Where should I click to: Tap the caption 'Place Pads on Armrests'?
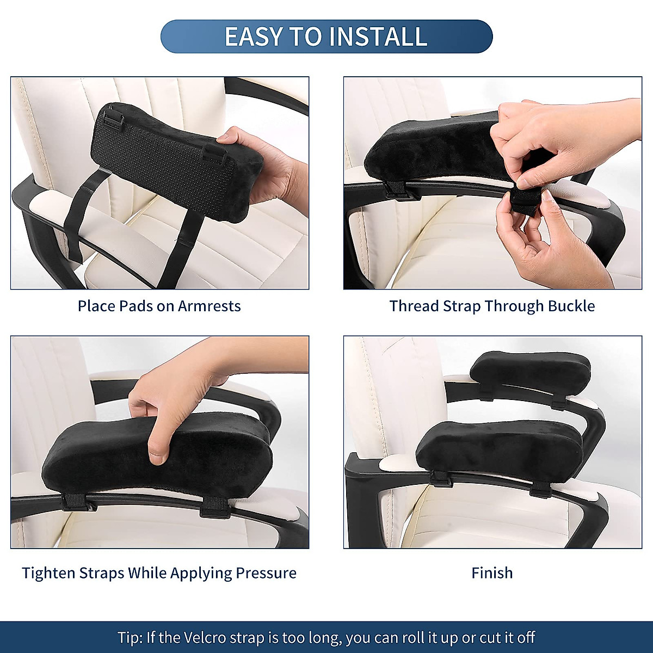tap(159, 306)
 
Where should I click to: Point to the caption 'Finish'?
tap(492, 573)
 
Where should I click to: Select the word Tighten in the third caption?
tap(49, 573)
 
